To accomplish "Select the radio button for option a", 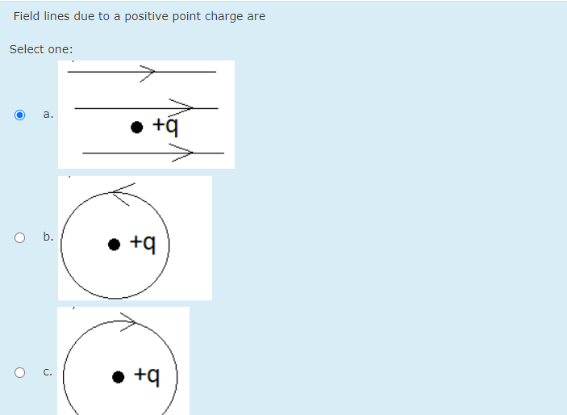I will point(20,115).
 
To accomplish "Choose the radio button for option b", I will point(20,237).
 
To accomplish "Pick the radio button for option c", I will point(20,372).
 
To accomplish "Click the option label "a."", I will point(48,115).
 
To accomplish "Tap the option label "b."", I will point(48,237).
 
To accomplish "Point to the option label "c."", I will point(48,372).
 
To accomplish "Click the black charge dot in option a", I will point(137,127).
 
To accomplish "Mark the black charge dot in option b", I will point(115,243).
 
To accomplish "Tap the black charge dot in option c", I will point(119,376).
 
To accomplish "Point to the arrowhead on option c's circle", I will point(131,323).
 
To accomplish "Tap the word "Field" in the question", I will point(26,16).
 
